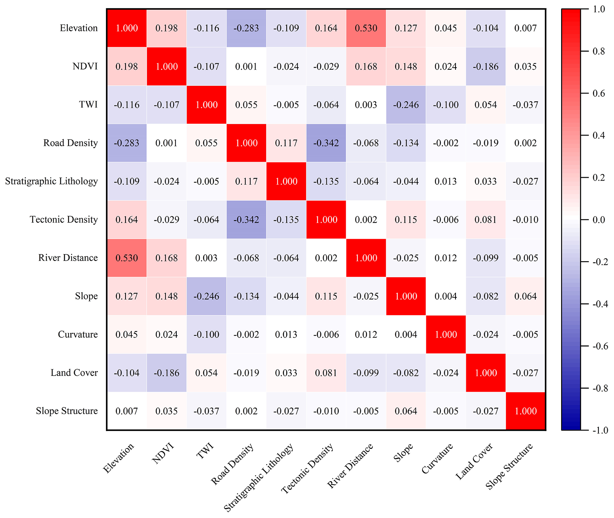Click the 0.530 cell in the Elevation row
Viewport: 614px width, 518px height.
[366, 28]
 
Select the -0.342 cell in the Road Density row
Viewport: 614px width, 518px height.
[326, 143]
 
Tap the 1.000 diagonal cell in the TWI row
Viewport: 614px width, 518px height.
[206, 105]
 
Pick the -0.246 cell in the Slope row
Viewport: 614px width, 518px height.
[206, 296]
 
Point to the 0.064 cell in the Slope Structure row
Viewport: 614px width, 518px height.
[406, 411]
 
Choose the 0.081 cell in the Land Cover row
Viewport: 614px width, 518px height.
[326, 373]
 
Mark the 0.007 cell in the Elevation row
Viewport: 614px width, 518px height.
[525, 28]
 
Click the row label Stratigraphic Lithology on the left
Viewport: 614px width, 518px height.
[51, 181]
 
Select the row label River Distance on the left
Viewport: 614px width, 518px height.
[68, 258]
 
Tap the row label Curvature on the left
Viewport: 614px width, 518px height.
[78, 335]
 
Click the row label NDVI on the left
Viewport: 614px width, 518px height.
[85, 66]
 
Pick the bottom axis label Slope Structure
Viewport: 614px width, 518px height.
[509, 466]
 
